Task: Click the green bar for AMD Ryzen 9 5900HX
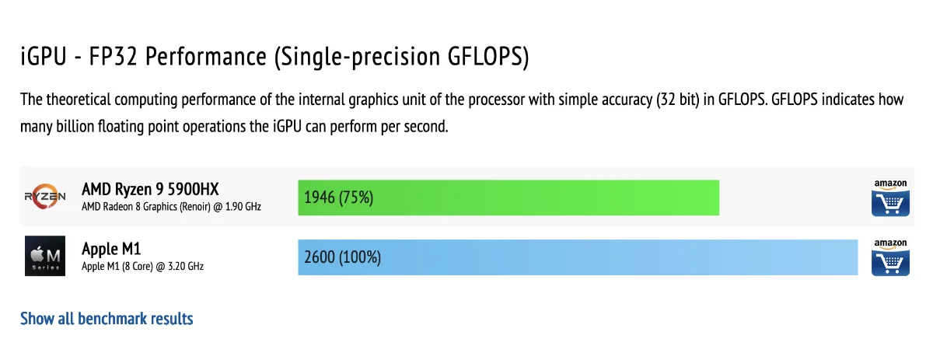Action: (x=508, y=197)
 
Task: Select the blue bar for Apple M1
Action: (x=578, y=257)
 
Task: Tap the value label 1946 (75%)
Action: (x=339, y=197)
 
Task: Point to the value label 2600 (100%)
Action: (x=342, y=257)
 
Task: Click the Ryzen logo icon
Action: (x=45, y=196)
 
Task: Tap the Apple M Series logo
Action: (x=45, y=256)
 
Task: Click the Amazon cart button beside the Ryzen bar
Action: (x=890, y=197)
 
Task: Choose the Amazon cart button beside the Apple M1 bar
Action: (x=890, y=257)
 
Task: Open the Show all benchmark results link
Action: (x=107, y=319)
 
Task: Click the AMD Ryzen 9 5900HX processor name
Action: (x=150, y=189)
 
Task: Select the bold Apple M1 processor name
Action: (x=111, y=249)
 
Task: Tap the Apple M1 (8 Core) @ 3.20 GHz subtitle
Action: (x=142, y=266)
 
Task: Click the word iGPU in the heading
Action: (x=44, y=56)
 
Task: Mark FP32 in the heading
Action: (x=113, y=56)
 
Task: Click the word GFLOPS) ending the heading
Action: (x=488, y=57)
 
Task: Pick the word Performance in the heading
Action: (x=206, y=56)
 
